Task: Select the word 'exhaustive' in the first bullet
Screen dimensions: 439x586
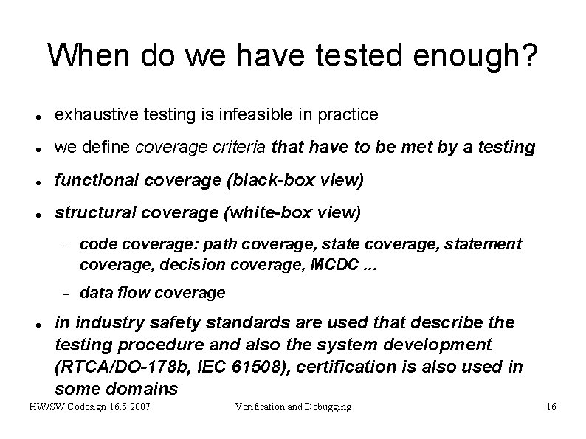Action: coord(90,114)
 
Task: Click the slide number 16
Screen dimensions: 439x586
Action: coord(551,407)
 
